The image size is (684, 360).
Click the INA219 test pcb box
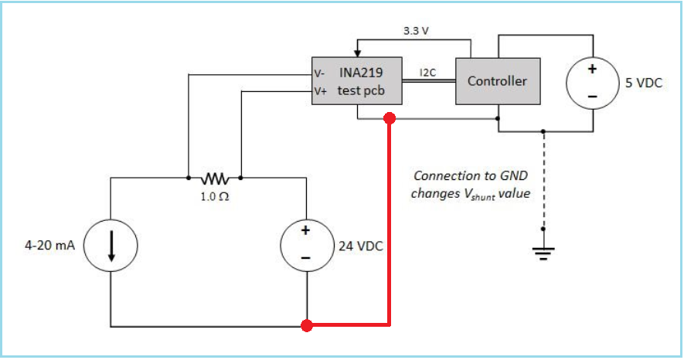(x=356, y=80)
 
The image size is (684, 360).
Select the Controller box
(x=497, y=81)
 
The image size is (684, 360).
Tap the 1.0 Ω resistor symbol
(x=214, y=177)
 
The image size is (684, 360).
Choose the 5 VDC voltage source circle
(x=592, y=82)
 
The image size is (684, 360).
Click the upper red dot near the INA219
(x=390, y=118)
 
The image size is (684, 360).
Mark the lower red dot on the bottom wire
(x=307, y=325)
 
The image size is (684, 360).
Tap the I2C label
(x=429, y=73)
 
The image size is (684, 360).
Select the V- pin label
(x=319, y=74)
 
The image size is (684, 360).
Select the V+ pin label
(x=319, y=90)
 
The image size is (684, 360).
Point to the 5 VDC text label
(x=644, y=83)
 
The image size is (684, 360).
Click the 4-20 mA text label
(x=49, y=246)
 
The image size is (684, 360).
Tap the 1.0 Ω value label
(x=214, y=196)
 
